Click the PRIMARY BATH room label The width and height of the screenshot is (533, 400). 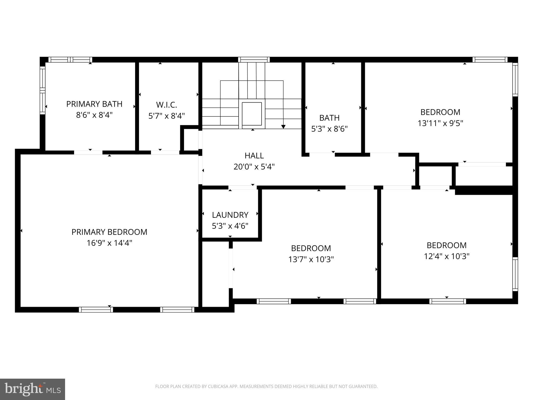pyautogui.click(x=94, y=104)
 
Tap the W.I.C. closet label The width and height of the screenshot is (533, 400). pyautogui.click(x=167, y=105)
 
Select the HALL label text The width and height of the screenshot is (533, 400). pyautogui.click(x=254, y=155)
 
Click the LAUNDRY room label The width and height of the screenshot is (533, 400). pyautogui.click(x=230, y=215)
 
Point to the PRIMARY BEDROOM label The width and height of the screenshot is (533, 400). pyautogui.click(x=109, y=232)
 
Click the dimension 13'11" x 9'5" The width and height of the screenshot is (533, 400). pyautogui.click(x=440, y=123)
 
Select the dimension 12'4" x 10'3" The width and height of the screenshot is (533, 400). pyautogui.click(x=447, y=256)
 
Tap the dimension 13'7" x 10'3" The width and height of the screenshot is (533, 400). pyautogui.click(x=311, y=259)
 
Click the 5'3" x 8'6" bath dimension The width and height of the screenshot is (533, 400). pyautogui.click(x=329, y=129)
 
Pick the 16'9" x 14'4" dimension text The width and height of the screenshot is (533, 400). pyautogui.click(x=109, y=243)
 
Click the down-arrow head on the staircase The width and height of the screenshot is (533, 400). pyautogui.click(x=283, y=127)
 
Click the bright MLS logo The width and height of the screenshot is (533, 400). pyautogui.click(x=33, y=389)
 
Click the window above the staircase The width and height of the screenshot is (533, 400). pyautogui.click(x=254, y=60)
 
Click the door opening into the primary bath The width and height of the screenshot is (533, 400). pyautogui.click(x=88, y=152)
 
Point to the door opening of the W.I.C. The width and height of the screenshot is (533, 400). pyautogui.click(x=165, y=152)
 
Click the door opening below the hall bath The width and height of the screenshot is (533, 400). pyautogui.click(x=322, y=155)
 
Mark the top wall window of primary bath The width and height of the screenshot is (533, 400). pyautogui.click(x=70, y=60)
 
